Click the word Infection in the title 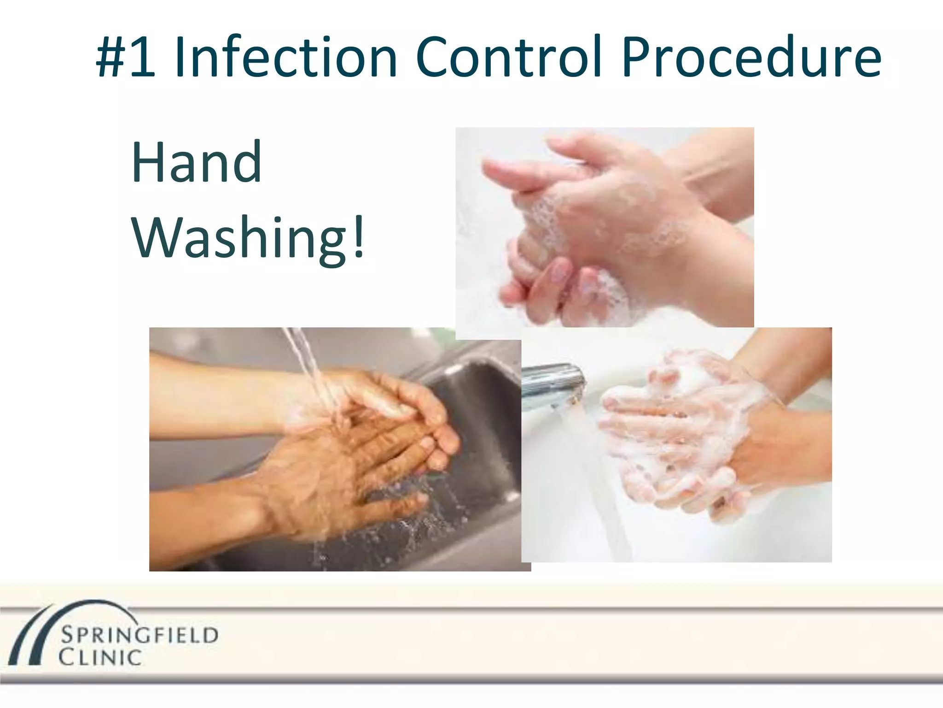click(x=285, y=58)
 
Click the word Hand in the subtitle click(x=197, y=162)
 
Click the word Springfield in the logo click(x=139, y=635)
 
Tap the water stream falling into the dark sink click(x=313, y=369)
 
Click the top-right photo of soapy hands click(x=604, y=227)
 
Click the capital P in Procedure click(x=638, y=58)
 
